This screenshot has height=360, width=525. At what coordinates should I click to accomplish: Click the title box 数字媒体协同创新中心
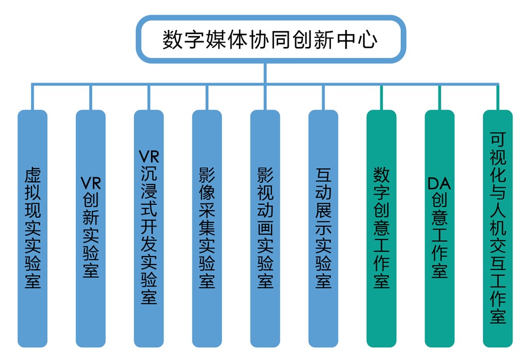(x=270, y=40)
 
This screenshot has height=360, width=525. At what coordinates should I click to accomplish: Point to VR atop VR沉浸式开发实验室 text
(x=149, y=156)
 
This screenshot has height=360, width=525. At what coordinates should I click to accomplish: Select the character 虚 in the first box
(x=33, y=177)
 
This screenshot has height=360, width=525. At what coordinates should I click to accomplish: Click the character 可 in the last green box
(x=498, y=139)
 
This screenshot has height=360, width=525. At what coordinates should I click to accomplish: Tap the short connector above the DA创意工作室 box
(x=440, y=98)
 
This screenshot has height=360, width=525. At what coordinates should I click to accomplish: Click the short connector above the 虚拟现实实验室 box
(x=33, y=98)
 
